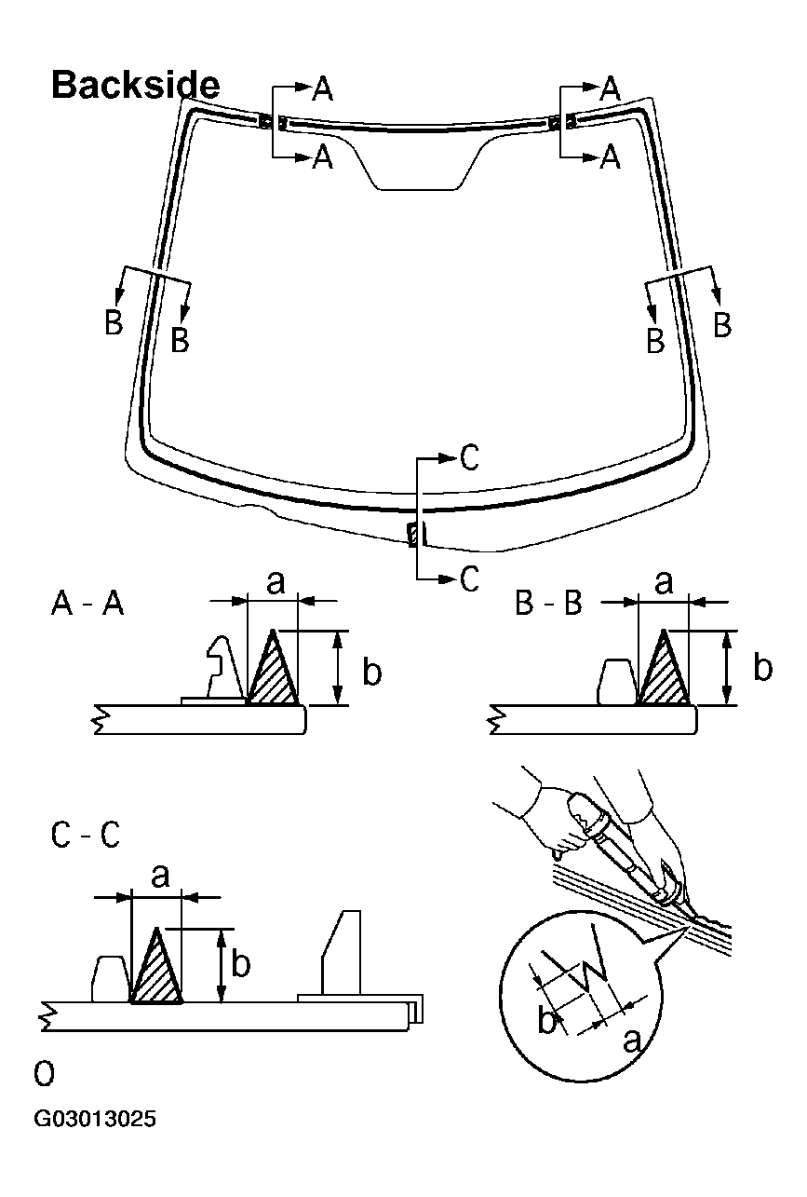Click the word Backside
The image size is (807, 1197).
(135, 85)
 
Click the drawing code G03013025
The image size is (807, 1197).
(95, 1118)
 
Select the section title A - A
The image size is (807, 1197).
(87, 605)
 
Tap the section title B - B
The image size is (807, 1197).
(548, 605)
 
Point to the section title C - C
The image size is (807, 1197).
(85, 836)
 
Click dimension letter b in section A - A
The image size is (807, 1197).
(371, 673)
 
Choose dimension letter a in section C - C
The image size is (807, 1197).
(160, 875)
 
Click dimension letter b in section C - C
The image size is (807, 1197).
(240, 964)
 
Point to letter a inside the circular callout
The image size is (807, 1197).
(631, 1040)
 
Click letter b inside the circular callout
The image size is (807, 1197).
(547, 1020)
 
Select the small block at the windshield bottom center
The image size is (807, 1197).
(413, 534)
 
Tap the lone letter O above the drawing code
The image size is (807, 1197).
(43, 1074)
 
